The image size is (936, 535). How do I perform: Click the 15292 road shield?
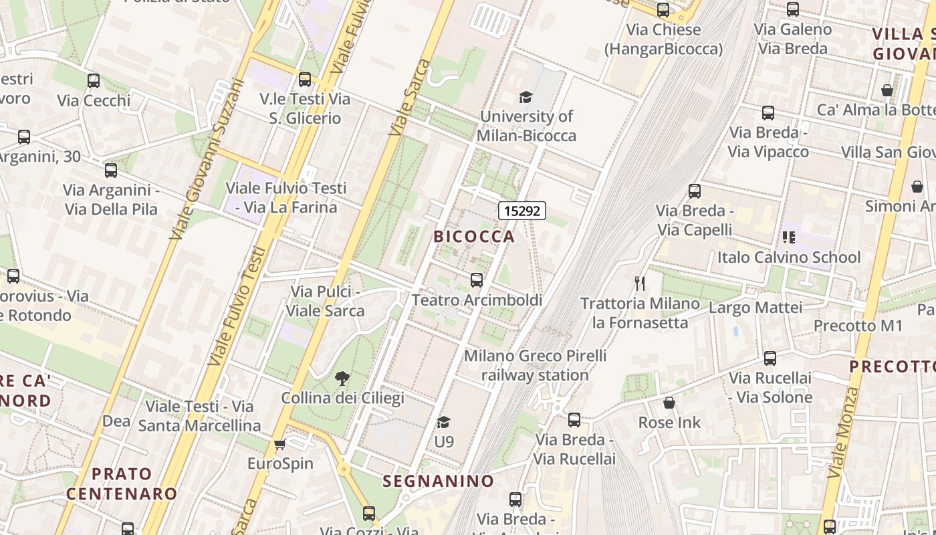(522, 211)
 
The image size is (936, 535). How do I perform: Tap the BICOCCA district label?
(474, 236)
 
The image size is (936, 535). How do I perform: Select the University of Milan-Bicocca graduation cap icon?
(525, 98)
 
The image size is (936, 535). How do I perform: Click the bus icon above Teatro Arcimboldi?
(477, 280)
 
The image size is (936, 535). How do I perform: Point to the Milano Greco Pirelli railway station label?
(535, 365)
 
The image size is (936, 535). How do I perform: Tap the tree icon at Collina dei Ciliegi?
(342, 379)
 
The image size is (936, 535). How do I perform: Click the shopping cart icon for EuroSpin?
(280, 445)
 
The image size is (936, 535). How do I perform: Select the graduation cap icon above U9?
(443, 422)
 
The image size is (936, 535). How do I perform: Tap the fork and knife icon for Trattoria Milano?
(640, 284)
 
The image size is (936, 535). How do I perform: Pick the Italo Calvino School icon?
(789, 237)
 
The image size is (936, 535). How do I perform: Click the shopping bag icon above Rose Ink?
(669, 403)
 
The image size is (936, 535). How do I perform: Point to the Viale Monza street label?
(842, 431)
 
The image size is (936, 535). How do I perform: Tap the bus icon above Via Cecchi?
(94, 81)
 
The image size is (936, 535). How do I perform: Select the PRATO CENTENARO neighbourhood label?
(122, 484)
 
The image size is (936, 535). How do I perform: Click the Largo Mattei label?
(755, 308)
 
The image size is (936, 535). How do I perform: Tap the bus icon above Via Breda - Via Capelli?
(695, 191)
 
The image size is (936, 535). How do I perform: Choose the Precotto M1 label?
(858, 326)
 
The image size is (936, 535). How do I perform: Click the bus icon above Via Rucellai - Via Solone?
(770, 358)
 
